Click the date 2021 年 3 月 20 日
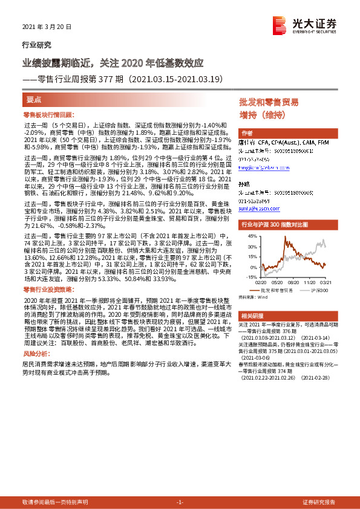click(47, 27)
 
